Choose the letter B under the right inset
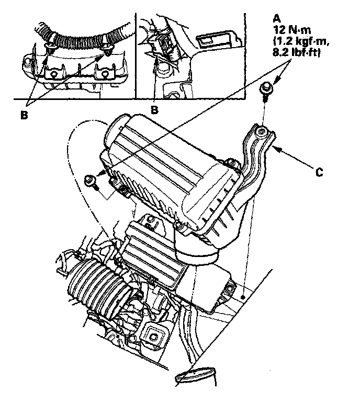point(154,110)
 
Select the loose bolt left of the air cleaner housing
point(91,182)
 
